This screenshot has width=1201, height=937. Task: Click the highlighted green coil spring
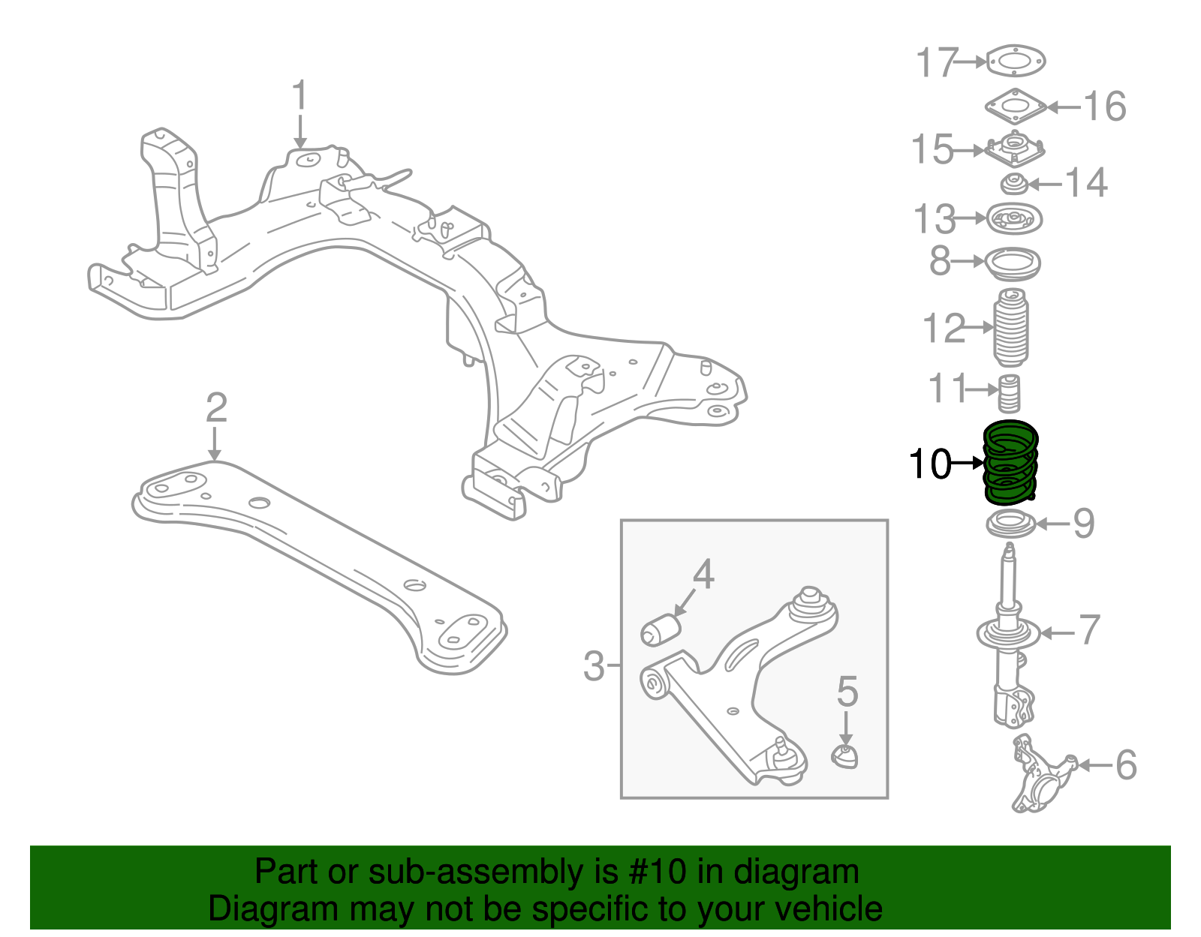pos(1010,464)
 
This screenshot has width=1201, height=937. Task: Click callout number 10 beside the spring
pos(929,464)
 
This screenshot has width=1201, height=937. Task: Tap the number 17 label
pos(938,62)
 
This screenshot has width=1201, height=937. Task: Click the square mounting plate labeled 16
pos(1016,107)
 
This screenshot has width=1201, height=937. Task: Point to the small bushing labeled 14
pos(1014,183)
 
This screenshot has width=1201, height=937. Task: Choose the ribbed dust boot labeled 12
pos(1012,329)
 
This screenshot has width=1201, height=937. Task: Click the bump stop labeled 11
pos(1010,392)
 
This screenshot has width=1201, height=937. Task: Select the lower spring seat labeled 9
pos(1010,524)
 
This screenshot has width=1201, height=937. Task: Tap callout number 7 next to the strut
pos(1089,630)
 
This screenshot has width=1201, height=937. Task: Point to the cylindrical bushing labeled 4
pos(661,629)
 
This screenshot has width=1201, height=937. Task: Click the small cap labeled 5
pos(846,756)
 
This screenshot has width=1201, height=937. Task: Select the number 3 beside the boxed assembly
pos(593,665)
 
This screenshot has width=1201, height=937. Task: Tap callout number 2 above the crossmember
pos(216,407)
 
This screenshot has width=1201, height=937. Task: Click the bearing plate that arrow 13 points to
pos(1015,219)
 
